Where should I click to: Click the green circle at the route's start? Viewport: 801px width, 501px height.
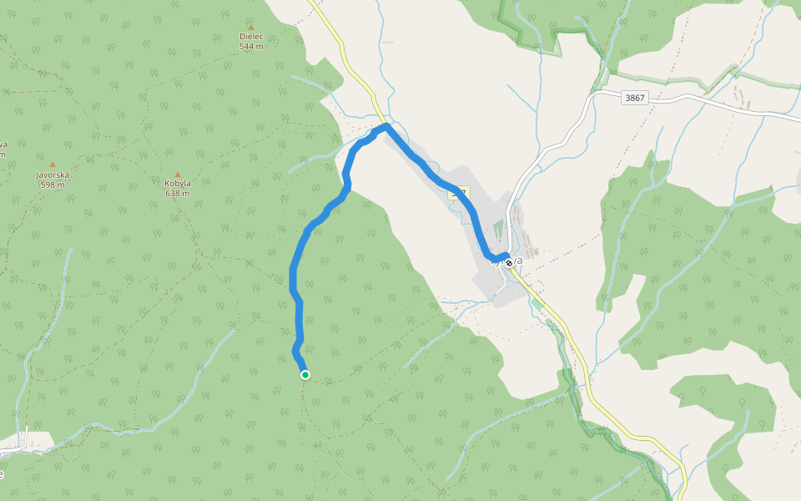tap(305, 375)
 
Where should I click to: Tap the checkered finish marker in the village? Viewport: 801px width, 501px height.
tap(508, 263)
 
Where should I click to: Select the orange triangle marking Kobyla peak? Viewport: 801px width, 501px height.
tap(177, 174)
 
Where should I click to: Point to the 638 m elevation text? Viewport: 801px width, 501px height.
tap(177, 193)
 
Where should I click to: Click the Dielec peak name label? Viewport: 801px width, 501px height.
tap(251, 37)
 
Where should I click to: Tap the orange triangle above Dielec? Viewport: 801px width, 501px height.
tap(251, 28)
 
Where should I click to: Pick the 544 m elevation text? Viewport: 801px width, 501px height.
tap(251, 47)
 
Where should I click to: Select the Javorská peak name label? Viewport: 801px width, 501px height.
tap(53, 175)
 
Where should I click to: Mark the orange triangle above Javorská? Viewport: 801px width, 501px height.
tap(53, 164)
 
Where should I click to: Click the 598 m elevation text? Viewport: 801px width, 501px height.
tap(53, 185)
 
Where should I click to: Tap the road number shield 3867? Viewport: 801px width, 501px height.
tap(635, 98)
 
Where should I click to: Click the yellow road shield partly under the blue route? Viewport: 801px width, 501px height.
tap(459, 193)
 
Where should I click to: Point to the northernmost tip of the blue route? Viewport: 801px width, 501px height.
tap(385, 125)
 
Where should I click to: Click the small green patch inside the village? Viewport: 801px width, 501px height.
tap(500, 228)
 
